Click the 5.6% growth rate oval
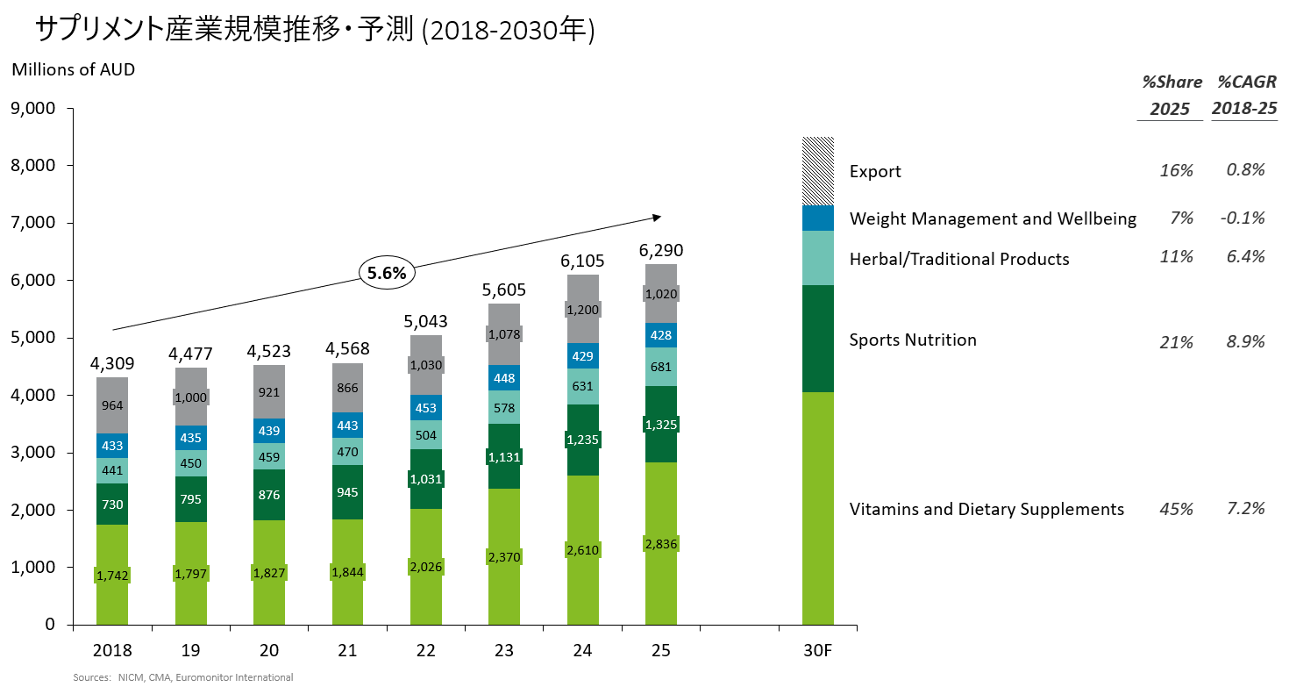point(387,273)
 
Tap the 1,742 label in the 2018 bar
point(112,575)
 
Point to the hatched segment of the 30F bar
point(817,171)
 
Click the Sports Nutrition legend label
point(913,340)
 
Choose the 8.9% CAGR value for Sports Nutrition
point(1245,341)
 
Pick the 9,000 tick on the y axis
point(32,109)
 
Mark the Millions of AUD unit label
point(74,69)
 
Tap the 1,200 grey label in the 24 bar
point(582,310)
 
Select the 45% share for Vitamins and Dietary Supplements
point(1176,509)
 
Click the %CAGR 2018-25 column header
point(1245,95)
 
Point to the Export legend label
point(875,171)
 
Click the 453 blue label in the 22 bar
point(425,408)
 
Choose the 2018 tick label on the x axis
point(112,651)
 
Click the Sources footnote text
point(182,677)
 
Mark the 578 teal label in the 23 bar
point(503,408)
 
